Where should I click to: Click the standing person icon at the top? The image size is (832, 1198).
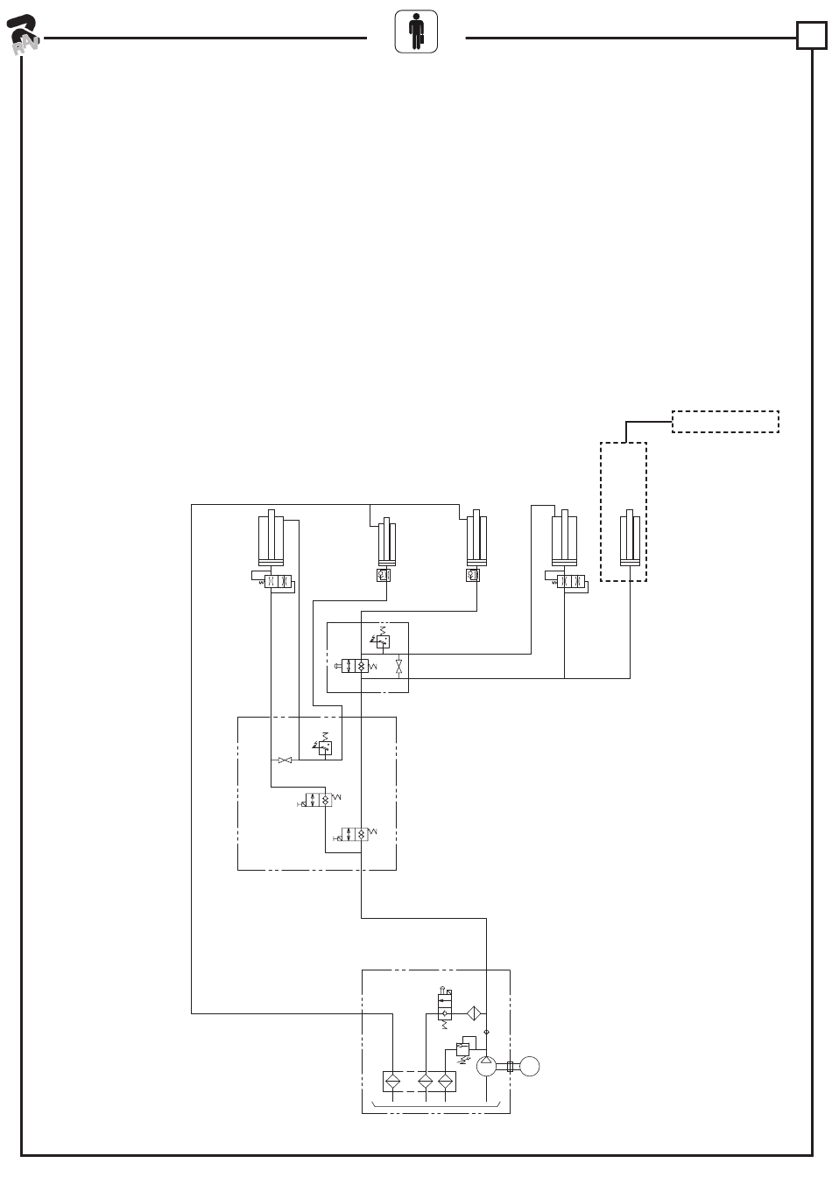pos(416,32)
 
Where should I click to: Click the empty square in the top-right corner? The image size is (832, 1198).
pos(811,36)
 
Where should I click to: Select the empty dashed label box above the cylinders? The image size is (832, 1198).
pos(725,421)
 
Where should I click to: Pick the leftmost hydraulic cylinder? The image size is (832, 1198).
pos(272,537)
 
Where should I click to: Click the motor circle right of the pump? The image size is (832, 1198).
pos(529,1066)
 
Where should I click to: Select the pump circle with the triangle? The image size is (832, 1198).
pos(487,1065)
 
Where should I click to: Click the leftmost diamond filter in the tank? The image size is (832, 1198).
pos(393,1082)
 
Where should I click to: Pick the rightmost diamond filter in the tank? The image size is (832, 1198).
pos(447,1082)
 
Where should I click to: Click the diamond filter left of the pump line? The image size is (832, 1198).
pos(473,1012)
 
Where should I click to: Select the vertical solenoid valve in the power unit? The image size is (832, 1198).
pos(445,1005)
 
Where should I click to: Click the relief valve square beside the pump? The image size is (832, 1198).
pos(462,1047)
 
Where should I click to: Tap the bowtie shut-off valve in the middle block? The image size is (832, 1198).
pos(285,760)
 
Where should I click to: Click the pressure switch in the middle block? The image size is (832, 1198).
pos(325,747)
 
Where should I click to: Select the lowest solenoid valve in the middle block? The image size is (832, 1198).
pos(355,834)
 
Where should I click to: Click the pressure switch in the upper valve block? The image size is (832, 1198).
pos(382,641)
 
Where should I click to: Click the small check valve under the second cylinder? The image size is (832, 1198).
pos(383,575)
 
